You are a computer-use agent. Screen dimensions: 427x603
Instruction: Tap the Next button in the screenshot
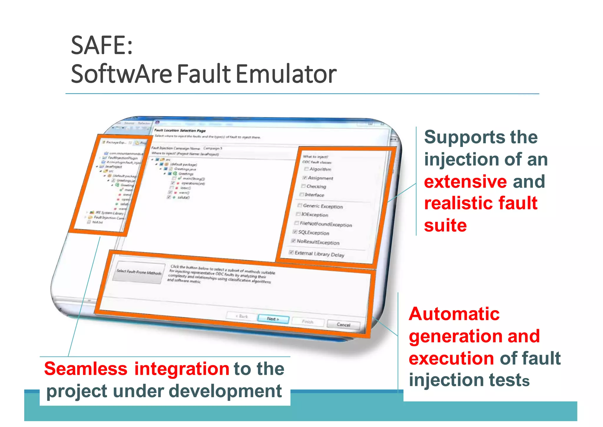tap(273, 319)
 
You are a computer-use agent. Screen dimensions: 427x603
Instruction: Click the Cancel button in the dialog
tap(343, 325)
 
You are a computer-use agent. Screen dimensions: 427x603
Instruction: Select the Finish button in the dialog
tap(308, 322)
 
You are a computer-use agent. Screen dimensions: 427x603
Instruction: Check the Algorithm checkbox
tap(307, 169)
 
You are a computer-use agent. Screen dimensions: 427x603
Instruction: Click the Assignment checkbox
tap(305, 178)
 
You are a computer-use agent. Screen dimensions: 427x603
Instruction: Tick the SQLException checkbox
tap(295, 232)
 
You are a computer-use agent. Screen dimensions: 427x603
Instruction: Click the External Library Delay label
tap(319, 254)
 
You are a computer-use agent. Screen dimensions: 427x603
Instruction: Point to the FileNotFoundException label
tap(326, 224)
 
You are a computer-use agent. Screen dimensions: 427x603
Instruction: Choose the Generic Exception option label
tap(323, 206)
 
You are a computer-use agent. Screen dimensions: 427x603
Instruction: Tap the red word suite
tap(445, 226)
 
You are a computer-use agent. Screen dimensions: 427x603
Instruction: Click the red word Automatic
tap(454, 314)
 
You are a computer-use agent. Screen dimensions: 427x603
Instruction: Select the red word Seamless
tap(86, 369)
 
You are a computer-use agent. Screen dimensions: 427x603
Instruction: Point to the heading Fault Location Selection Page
tap(180, 130)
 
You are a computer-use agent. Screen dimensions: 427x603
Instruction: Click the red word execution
tap(451, 358)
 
